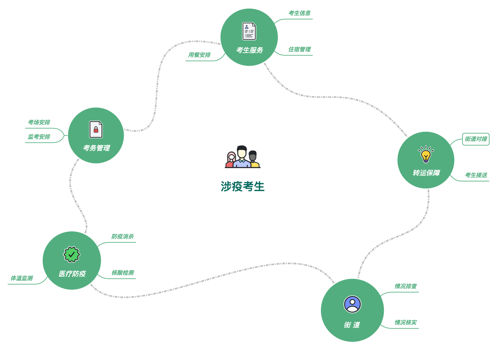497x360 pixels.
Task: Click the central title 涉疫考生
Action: tap(243, 186)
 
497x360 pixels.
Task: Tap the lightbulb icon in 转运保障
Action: tap(426, 155)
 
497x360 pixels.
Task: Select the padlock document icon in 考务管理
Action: tap(96, 129)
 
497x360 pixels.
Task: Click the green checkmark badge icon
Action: tap(72, 254)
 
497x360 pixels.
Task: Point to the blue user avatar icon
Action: tap(352, 304)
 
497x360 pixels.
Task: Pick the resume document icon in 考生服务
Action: tap(249, 31)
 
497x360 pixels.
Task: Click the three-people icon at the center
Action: tap(243, 157)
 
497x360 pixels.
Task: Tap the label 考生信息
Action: tap(299, 13)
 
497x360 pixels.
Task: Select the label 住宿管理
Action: tap(299, 49)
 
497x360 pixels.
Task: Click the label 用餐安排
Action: tap(199, 55)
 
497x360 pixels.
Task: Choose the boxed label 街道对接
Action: tap(476, 139)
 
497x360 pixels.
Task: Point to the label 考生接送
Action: tap(476, 175)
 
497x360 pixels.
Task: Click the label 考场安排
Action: tap(39, 122)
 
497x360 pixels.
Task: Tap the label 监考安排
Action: tap(39, 137)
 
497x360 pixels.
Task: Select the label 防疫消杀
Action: tap(122, 237)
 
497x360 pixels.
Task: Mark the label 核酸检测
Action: tap(122, 273)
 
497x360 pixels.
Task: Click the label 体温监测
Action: tap(21, 278)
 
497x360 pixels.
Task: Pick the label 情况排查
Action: tap(405, 286)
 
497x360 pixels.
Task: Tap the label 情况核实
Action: tap(405, 322)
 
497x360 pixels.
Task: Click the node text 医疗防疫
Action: tap(72, 274)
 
